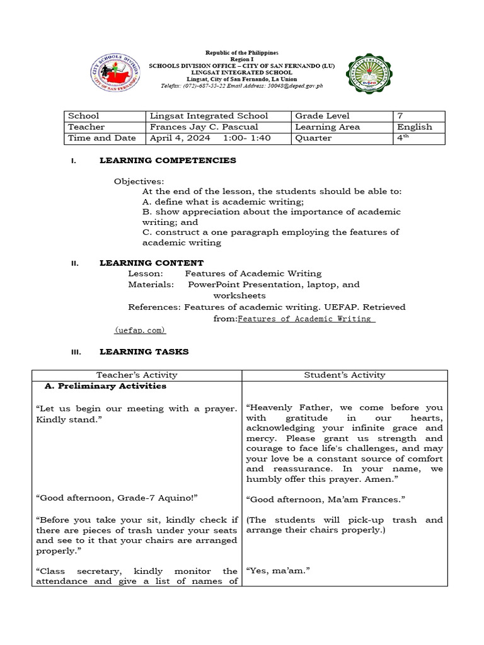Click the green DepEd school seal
coord(372,79)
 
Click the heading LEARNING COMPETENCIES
coord(168,161)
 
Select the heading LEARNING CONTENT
coord(151,263)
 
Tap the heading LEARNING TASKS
coord(144,351)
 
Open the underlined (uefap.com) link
coord(140,329)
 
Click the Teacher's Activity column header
coord(137,375)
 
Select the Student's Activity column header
coord(344,375)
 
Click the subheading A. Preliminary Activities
coord(106,386)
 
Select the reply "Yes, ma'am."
coord(271,571)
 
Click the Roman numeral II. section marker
coord(74,263)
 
